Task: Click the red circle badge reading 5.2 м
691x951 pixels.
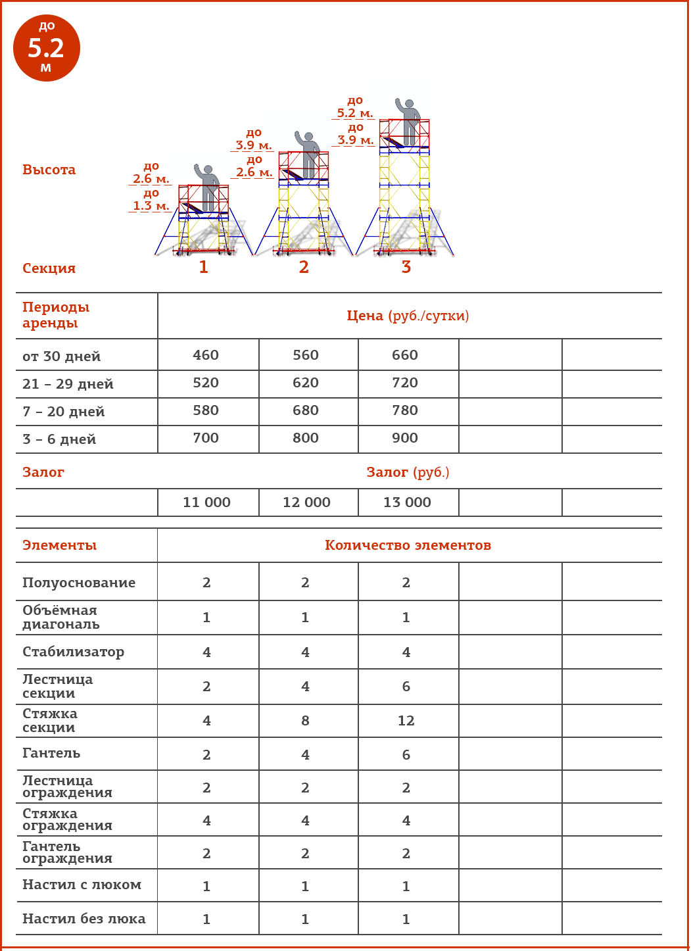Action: pos(46,48)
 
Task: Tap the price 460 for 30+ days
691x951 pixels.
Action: pos(206,355)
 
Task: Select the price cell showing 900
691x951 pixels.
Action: pos(405,438)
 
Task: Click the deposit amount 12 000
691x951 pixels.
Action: pos(306,502)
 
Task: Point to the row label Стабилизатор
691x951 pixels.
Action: pos(73,652)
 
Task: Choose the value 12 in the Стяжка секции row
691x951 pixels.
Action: pos(406,721)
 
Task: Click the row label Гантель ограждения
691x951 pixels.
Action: pos(67,852)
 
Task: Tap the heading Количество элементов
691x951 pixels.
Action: pos(408,545)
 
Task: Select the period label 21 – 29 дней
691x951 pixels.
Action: pos(68,384)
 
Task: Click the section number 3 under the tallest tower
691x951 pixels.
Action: pos(406,267)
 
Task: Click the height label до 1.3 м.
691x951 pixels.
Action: pos(151,200)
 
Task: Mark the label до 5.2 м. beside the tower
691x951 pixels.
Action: pos(355,107)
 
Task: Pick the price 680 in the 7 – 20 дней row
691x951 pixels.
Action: pos(306,410)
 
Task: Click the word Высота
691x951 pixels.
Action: pos(49,170)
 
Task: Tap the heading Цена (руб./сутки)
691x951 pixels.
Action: pos(408,316)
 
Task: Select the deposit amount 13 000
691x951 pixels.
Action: pos(407,502)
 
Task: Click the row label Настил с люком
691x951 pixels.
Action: pos(82,885)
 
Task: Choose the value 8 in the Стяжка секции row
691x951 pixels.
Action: pos(305,721)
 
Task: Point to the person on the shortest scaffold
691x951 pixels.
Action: pos(208,187)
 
